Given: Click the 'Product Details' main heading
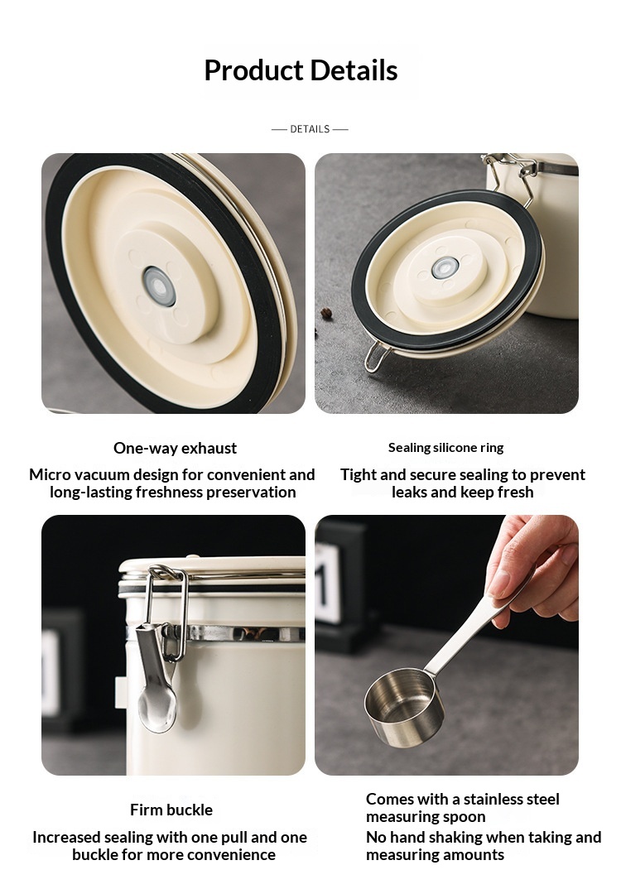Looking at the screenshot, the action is (301, 70).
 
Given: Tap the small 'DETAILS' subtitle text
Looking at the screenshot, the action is (310, 129).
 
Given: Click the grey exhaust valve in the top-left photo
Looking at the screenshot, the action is (158, 285).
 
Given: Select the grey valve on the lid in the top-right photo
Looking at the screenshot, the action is (445, 267).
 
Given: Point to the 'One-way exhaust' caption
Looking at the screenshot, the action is (175, 448).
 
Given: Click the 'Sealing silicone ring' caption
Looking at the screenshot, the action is (446, 448).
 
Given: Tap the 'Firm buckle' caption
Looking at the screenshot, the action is (171, 810).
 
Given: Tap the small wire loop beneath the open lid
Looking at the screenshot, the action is (377, 356).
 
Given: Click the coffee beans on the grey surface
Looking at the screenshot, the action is (326, 313).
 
